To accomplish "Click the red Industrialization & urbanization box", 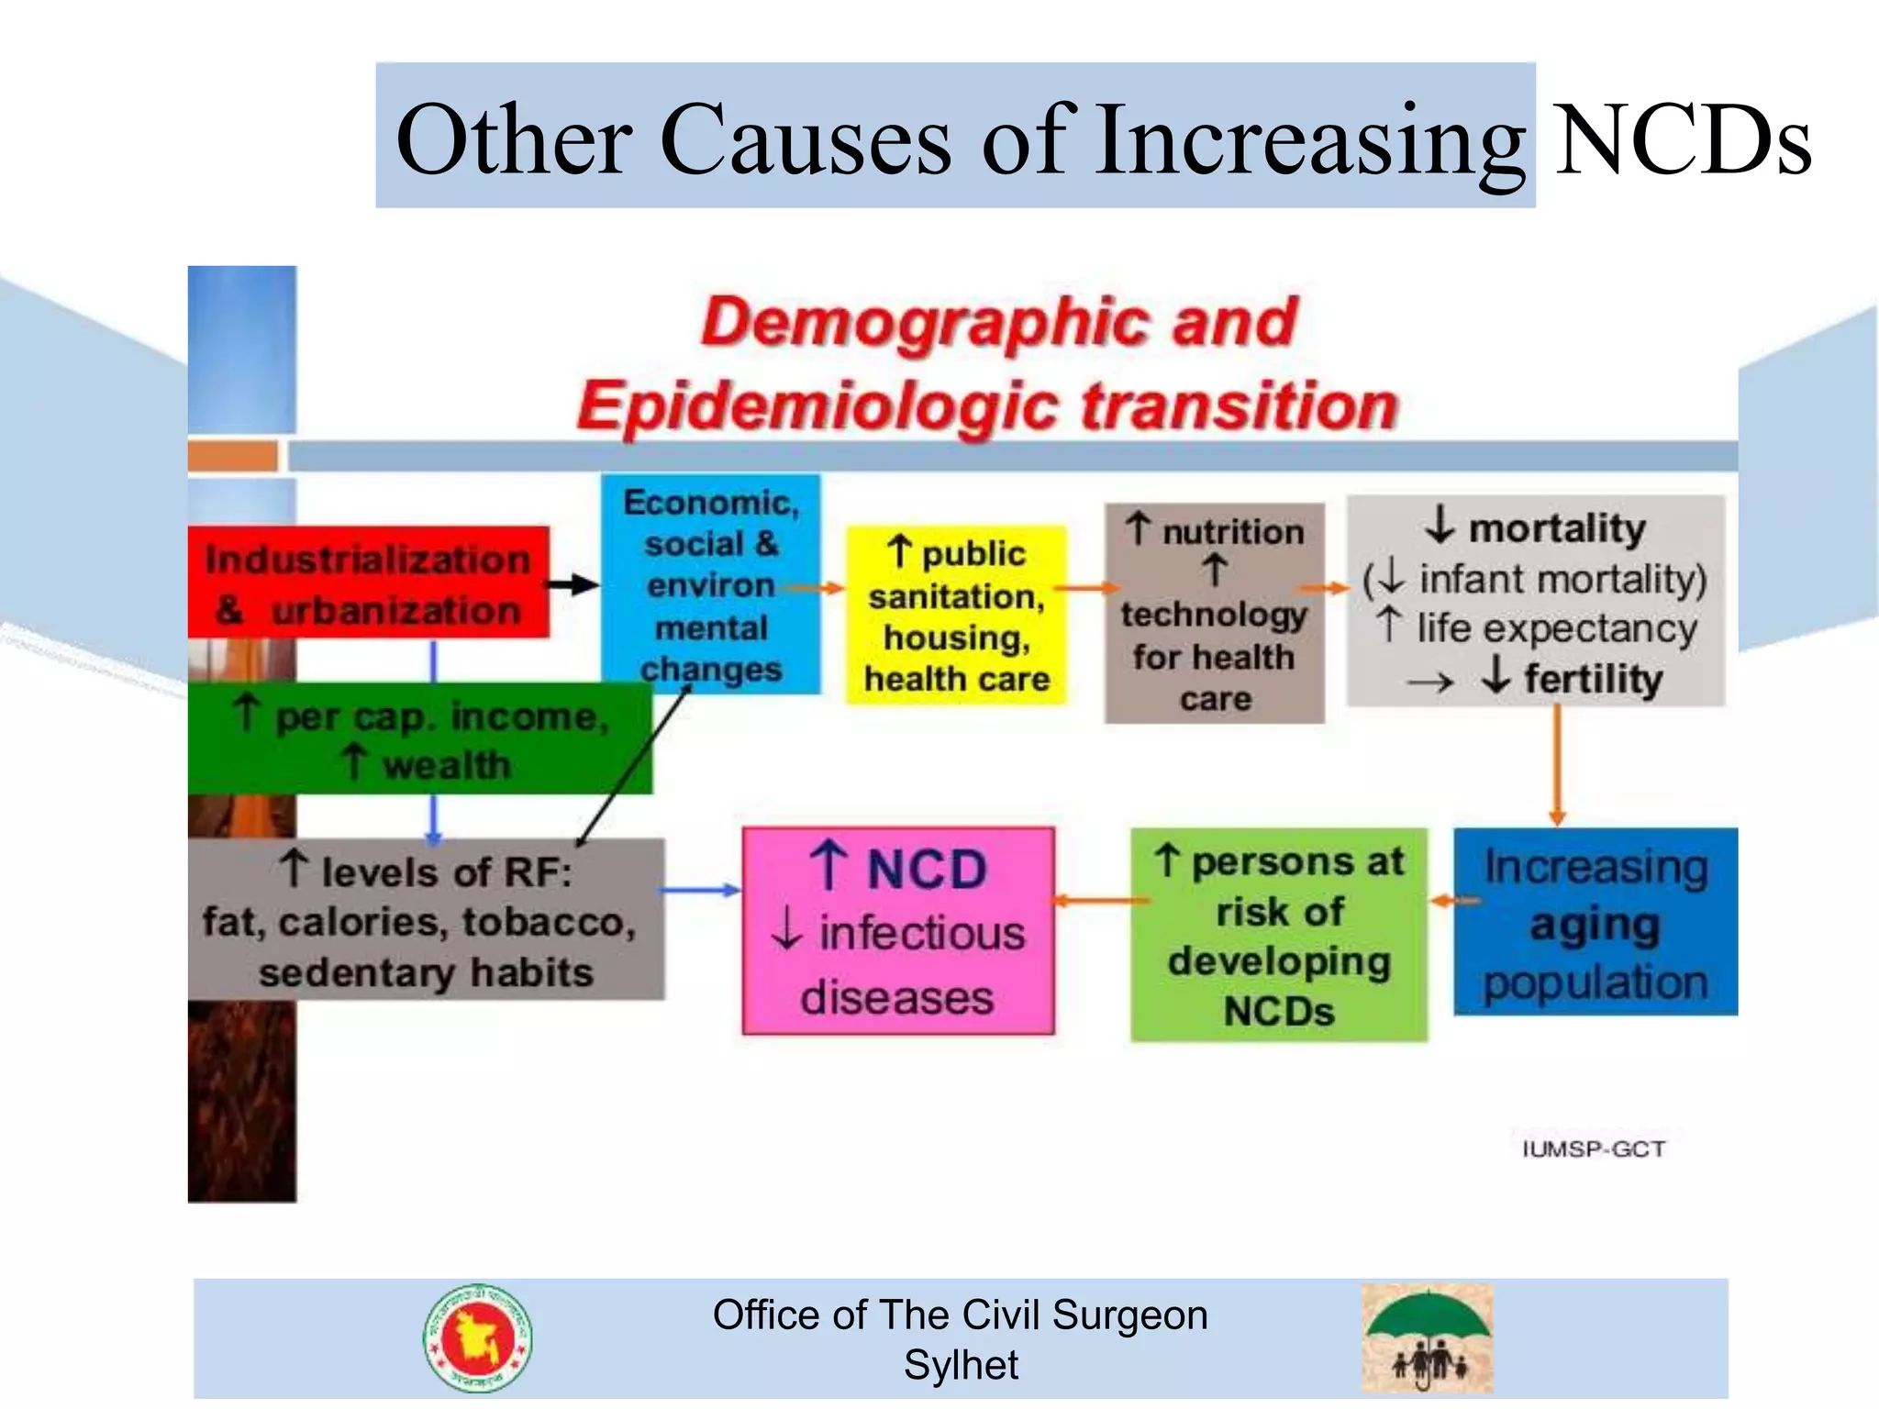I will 367,582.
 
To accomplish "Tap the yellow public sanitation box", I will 956,616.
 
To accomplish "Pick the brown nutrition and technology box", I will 1214,613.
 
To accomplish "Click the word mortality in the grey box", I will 1557,528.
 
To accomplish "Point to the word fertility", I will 1593,680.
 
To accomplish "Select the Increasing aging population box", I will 1595,922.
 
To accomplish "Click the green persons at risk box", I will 1278,935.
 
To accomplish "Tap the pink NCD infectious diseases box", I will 897,931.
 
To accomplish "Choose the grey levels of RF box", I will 425,920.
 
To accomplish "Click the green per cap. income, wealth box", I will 419,739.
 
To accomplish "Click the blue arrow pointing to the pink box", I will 700,890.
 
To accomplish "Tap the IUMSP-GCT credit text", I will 1594,1149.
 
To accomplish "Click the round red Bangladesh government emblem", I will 477,1338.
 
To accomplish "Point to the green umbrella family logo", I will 1427,1337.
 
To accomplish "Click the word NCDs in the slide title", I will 1682,140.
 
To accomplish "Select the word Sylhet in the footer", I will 961,1365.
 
